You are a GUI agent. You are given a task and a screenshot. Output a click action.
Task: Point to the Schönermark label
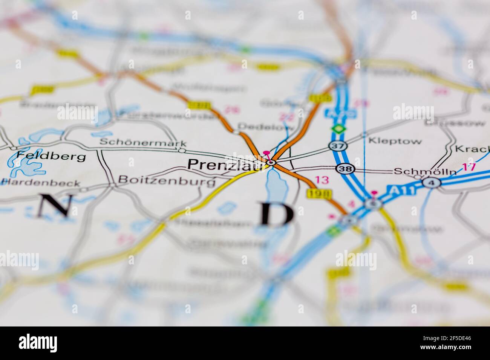[x=143, y=143]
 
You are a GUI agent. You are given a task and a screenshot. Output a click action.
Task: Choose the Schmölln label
[x=425, y=171]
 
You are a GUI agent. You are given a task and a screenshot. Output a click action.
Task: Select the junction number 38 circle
[x=345, y=169]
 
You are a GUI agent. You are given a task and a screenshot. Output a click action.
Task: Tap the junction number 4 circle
[x=429, y=183]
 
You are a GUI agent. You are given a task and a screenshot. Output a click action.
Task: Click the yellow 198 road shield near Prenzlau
[x=314, y=194]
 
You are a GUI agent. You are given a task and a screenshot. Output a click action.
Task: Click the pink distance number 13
[x=322, y=180]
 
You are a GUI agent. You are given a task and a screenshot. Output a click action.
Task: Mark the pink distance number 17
[x=469, y=167]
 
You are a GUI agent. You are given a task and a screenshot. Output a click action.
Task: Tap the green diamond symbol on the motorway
[x=338, y=129]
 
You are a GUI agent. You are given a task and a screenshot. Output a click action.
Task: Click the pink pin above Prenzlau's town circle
[x=267, y=153]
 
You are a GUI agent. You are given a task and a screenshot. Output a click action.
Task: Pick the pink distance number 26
[x=231, y=110]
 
